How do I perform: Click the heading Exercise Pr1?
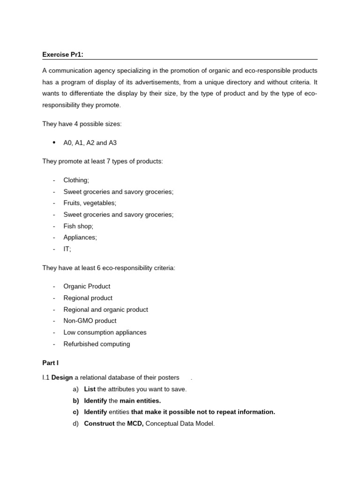(x=63, y=54)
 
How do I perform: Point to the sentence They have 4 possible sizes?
(x=82, y=124)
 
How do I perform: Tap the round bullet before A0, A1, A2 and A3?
(x=54, y=142)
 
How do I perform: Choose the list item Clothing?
(x=76, y=180)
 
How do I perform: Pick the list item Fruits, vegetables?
(x=90, y=203)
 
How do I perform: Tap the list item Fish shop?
(x=78, y=226)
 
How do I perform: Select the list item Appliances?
(x=80, y=237)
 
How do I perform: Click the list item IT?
(x=67, y=249)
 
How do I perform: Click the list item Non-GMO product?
(x=90, y=321)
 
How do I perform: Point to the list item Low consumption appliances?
(x=105, y=332)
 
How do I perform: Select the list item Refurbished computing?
(x=97, y=344)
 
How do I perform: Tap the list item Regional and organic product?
(x=105, y=309)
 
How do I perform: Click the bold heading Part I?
(x=50, y=363)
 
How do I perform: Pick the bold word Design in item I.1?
(x=62, y=377)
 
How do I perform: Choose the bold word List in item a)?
(x=90, y=389)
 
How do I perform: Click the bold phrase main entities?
(x=140, y=401)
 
